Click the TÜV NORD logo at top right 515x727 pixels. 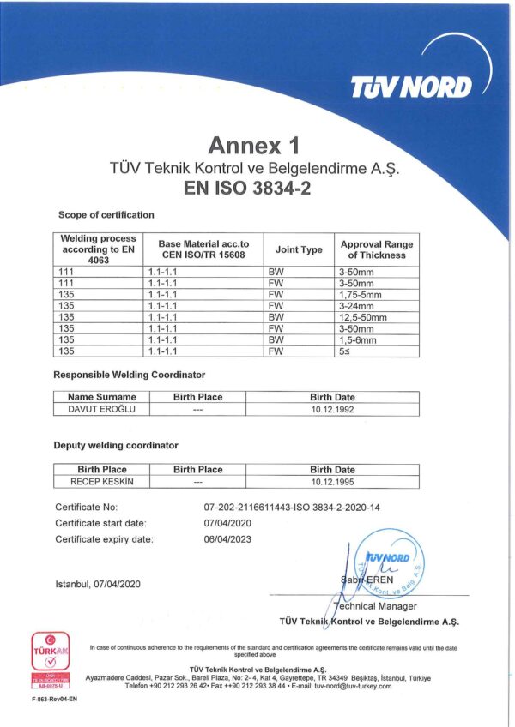pos(411,87)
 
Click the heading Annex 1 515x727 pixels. pos(257,143)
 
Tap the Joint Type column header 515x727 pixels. pos(299,249)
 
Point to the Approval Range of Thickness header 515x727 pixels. pos(376,249)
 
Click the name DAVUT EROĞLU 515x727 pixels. pos(96,409)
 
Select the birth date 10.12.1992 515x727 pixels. pos(332,409)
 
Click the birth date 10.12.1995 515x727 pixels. pos(332,481)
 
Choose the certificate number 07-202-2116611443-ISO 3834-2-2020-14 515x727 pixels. pos(291,507)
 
